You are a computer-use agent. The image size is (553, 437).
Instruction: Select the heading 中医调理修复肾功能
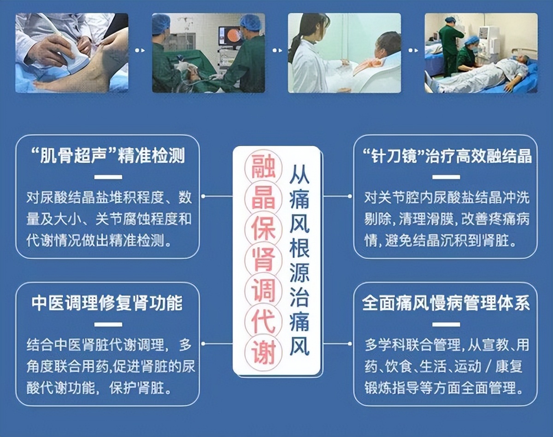(107, 303)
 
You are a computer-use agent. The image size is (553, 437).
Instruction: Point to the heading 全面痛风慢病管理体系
(446, 303)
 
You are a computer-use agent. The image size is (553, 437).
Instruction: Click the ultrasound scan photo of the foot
(72, 53)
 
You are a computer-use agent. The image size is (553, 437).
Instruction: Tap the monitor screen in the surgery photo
(230, 36)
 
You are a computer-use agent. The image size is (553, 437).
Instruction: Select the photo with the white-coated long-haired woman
(344, 53)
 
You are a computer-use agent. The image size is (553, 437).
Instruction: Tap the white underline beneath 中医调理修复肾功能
(107, 325)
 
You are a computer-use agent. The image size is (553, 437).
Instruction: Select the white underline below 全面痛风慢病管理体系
(446, 325)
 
